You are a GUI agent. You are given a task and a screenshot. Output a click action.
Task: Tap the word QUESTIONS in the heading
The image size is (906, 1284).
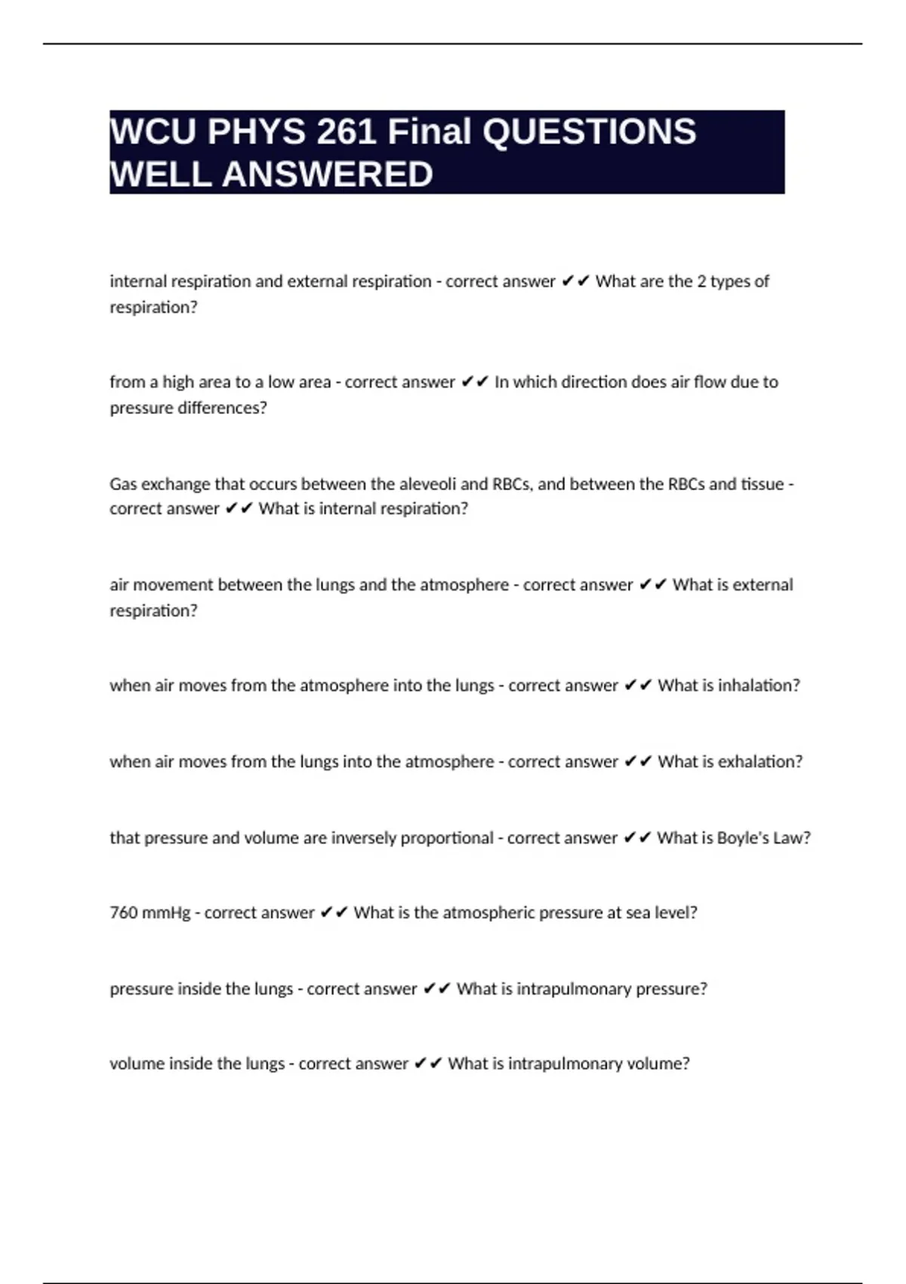589,132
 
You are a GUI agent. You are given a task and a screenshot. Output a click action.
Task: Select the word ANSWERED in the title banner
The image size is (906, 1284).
327,174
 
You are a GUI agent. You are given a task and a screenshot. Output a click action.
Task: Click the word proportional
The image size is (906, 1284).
447,838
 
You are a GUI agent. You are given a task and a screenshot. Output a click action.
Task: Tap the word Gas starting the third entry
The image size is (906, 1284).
123,483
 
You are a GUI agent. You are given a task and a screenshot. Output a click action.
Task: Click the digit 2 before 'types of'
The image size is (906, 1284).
701,281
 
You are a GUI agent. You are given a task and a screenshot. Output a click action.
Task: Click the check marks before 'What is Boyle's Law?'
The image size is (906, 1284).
637,838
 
